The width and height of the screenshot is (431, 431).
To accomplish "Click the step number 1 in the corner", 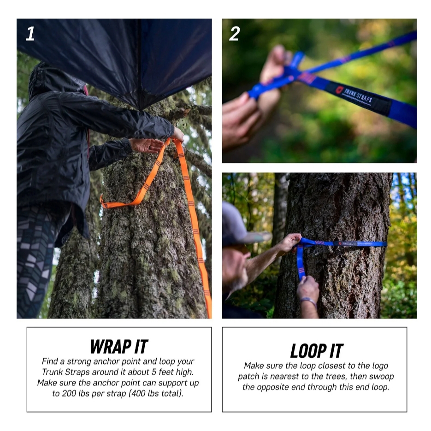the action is [30, 34].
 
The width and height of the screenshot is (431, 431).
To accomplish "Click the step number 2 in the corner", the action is [235, 34].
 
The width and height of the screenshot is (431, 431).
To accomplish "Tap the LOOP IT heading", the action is [317, 351].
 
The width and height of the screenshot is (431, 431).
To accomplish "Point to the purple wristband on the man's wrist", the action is [308, 301].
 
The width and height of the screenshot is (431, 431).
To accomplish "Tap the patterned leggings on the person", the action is [36, 261].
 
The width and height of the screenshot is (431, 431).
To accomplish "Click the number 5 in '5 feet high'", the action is [154, 372].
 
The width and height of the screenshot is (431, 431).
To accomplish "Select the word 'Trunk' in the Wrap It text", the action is [52, 372].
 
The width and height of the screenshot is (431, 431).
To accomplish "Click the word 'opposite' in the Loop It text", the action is [272, 387].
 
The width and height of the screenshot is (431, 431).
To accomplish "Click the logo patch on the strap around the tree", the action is [348, 243].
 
